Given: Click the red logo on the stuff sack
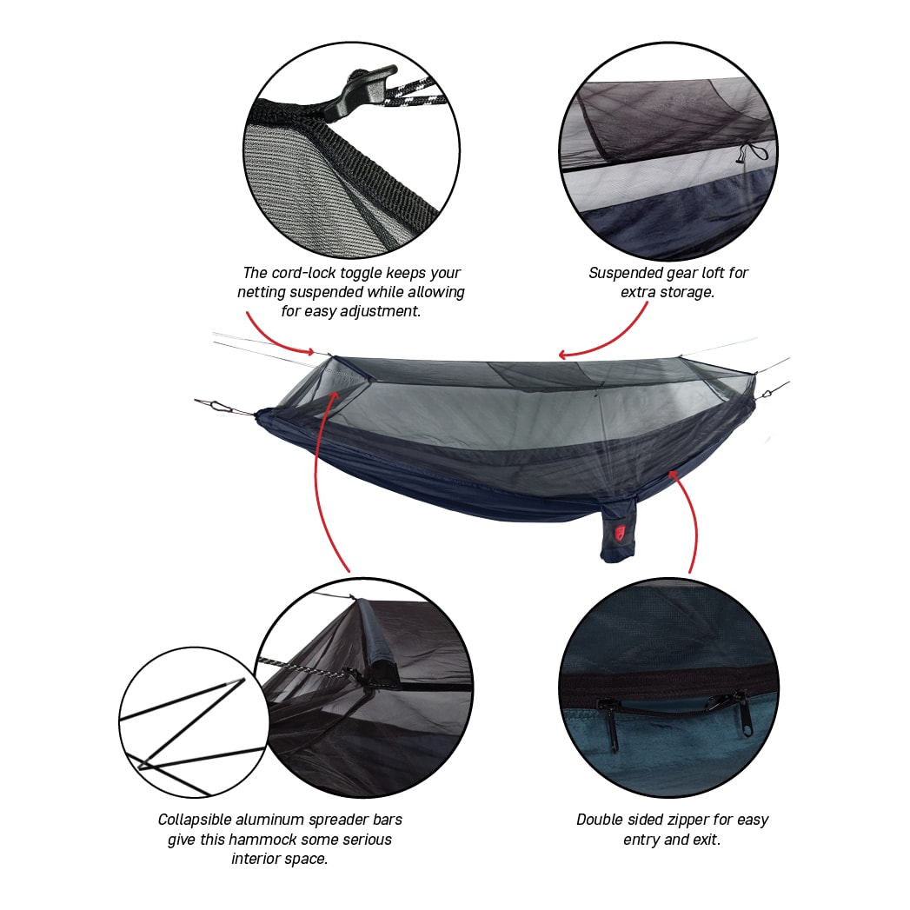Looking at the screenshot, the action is pos(620,533).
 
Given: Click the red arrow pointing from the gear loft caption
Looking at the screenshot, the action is pos(603,335).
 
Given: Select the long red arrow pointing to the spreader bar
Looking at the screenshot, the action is pos(318,477).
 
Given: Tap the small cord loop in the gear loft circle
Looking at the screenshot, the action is pos(752,154).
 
